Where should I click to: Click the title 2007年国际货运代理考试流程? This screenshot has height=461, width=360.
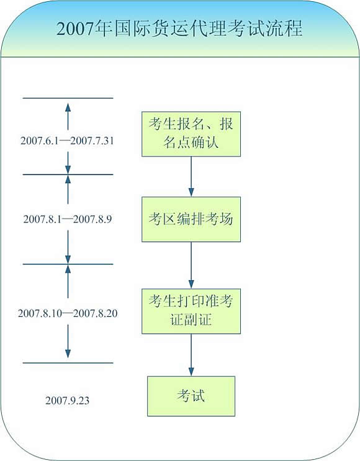point(179,29)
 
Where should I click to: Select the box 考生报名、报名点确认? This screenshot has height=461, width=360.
point(191,134)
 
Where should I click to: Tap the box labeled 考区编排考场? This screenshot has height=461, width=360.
point(191,219)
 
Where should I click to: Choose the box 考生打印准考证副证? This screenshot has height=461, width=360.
point(191,311)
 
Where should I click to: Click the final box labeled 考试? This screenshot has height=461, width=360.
point(191,396)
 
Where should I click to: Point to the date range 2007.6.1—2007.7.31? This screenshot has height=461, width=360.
point(68,141)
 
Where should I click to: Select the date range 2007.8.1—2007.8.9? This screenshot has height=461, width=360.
point(68,219)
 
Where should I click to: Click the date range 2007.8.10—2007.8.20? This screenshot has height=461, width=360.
point(68,313)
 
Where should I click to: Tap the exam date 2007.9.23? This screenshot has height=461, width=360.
point(68,400)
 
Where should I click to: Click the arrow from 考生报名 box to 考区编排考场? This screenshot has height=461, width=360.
point(191,176)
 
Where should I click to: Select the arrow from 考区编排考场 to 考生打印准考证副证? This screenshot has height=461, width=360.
point(191,265)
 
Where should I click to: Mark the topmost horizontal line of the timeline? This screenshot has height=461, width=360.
point(68,98)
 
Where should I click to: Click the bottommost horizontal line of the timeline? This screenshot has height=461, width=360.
point(68,363)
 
